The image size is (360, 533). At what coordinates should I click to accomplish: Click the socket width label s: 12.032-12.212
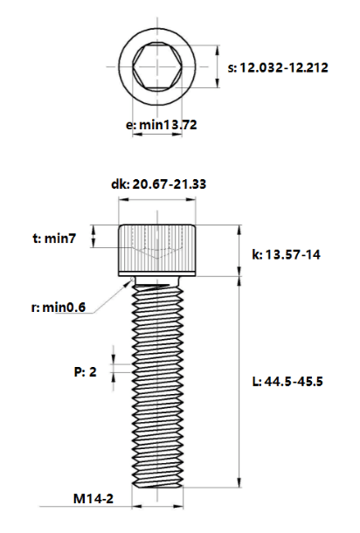pos(278,67)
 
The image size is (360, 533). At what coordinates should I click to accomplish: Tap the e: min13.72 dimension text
pos(161,125)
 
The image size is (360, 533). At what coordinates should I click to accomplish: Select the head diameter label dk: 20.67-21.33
pos(158,184)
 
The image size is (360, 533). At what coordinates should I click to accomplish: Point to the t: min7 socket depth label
pos(54,239)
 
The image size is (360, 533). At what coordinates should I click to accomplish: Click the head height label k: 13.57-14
pos(286,254)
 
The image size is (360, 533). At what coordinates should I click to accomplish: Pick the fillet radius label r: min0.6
pos(59,308)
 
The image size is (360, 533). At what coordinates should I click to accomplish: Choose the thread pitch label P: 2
pos(85,372)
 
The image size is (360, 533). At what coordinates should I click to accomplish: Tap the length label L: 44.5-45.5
pos(287,381)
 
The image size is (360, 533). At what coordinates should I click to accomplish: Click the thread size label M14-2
pos(93,499)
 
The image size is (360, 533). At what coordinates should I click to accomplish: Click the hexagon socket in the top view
pos(157,66)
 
